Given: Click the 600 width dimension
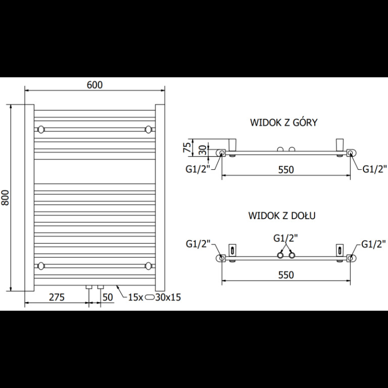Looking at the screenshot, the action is [95, 85].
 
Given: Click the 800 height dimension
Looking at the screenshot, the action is [5, 198].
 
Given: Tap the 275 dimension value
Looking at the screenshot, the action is [57, 297].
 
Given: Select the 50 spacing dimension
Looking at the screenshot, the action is [108, 297].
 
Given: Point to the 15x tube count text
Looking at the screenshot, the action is [135, 297].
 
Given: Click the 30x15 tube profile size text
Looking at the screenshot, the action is [168, 297].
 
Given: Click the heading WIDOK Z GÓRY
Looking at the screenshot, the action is [283, 122].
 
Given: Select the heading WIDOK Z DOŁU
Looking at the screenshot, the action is [282, 216].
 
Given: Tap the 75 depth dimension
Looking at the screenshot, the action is [188, 147].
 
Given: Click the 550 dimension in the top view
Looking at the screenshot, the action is [286, 170].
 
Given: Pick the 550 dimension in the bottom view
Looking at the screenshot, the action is [286, 275].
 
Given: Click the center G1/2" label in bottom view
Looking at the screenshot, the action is [285, 238].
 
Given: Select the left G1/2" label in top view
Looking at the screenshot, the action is [198, 170].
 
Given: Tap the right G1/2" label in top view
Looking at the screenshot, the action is [375, 169].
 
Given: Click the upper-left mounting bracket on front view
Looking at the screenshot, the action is [41, 129].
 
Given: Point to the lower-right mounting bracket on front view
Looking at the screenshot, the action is [148, 266].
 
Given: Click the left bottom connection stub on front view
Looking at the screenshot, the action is [89, 287].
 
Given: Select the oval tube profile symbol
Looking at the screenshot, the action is [150, 297].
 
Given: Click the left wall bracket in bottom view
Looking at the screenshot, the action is [232, 251].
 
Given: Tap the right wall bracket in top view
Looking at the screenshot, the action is [339, 144].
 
